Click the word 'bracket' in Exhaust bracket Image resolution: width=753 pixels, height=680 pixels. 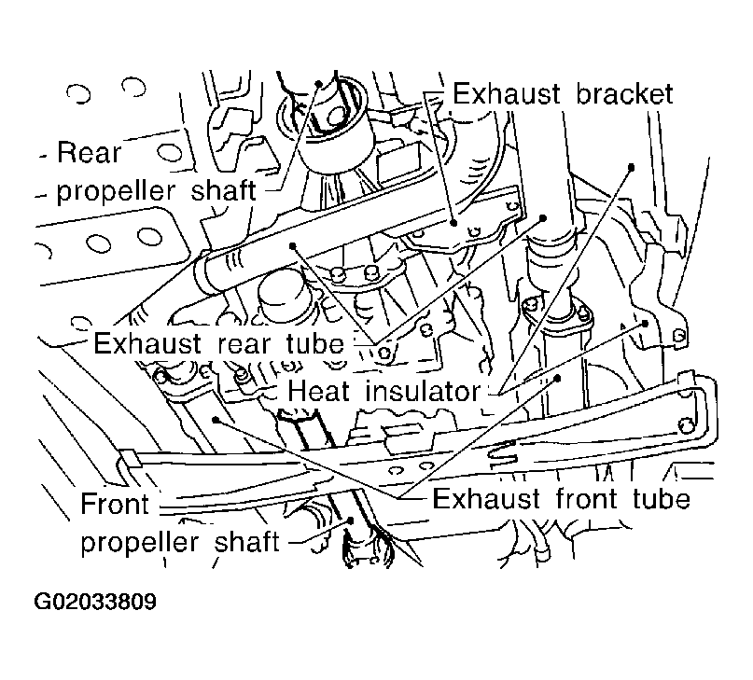tap(624, 93)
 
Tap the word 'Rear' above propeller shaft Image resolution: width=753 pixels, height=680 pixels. tap(90, 153)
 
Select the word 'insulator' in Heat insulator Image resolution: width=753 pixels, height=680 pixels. tap(423, 391)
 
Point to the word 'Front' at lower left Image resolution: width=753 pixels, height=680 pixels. tap(114, 504)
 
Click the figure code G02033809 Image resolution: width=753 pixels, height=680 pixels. tap(95, 602)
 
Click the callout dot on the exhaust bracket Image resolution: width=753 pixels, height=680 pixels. tap(453, 222)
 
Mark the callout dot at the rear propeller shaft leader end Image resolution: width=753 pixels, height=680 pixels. tap(318, 84)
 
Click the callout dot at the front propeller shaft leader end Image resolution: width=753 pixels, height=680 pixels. tap(351, 520)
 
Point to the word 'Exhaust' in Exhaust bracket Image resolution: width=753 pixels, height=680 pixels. tap(507, 93)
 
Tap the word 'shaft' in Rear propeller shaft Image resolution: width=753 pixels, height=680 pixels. tap(223, 190)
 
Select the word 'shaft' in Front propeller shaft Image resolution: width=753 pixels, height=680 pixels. tap(246, 542)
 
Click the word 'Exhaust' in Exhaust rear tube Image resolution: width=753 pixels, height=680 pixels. tap(147, 343)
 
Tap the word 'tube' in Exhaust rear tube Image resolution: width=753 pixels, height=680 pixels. tap(315, 343)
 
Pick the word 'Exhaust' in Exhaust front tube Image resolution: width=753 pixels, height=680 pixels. tap(486, 499)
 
